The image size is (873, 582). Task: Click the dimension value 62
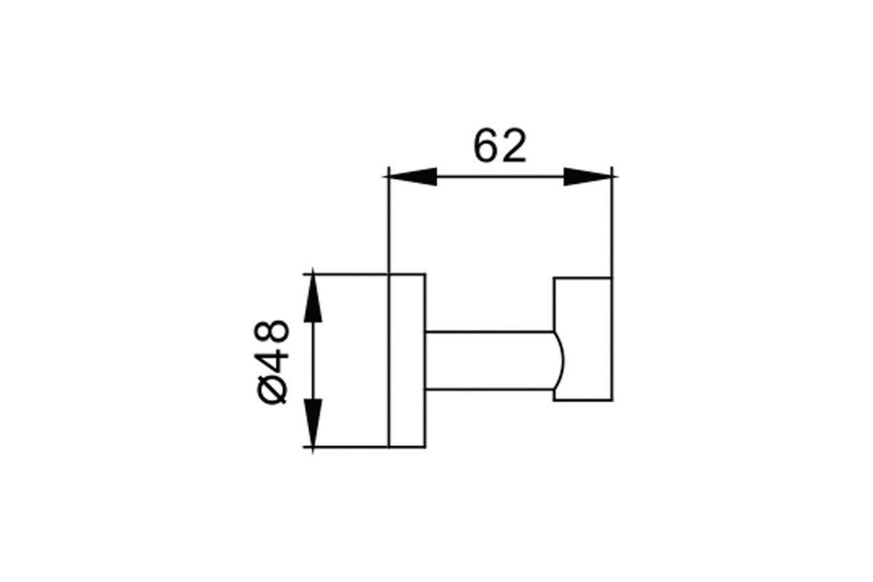point(500,145)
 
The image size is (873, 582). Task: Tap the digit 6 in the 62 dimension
point(486,145)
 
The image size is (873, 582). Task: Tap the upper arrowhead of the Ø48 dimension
point(313,298)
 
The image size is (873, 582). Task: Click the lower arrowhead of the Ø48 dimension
point(313,422)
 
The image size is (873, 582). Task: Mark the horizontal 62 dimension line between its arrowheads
point(501,177)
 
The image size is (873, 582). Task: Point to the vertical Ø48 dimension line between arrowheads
point(313,361)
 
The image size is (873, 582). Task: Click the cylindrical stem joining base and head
point(494,361)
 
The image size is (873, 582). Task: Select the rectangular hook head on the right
point(583,339)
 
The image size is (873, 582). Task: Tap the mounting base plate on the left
point(407,361)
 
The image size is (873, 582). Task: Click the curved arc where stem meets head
point(560,361)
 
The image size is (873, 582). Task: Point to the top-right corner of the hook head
point(612,278)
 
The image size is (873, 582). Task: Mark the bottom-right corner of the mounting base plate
point(425,447)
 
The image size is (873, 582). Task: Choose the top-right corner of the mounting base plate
point(425,274)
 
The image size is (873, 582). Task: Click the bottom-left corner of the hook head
point(554,400)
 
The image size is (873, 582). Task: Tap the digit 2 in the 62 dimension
point(514,145)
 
